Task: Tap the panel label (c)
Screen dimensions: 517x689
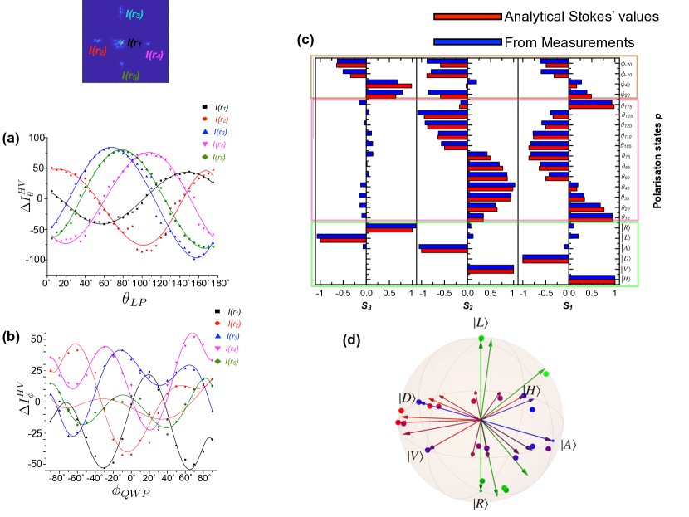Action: coord(305,38)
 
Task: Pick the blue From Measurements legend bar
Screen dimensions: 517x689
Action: coord(467,41)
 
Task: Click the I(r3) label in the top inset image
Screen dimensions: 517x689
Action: coord(131,14)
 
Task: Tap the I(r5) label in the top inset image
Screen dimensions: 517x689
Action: coord(129,76)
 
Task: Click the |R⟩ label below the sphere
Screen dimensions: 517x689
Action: coord(481,504)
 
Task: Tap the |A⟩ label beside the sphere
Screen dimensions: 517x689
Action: coord(569,444)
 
